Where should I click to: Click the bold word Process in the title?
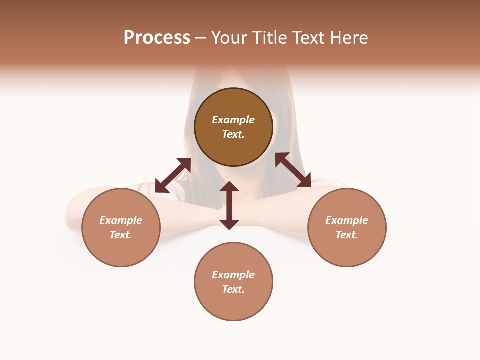pyautogui.click(x=157, y=38)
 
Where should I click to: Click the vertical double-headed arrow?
pyautogui.click(x=229, y=205)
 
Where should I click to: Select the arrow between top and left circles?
pyautogui.click(x=173, y=175)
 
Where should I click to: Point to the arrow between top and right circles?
pyautogui.click(x=293, y=170)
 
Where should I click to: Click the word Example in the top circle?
pyautogui.click(x=233, y=120)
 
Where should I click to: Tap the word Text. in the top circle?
pyautogui.click(x=233, y=134)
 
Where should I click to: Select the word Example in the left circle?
pyautogui.click(x=121, y=220)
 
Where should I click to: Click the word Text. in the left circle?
pyautogui.click(x=121, y=235)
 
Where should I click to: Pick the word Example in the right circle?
pyautogui.click(x=347, y=220)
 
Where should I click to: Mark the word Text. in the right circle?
pyautogui.click(x=347, y=235)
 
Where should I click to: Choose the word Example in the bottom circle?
pyautogui.click(x=233, y=275)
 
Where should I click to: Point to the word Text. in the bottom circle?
pyautogui.click(x=233, y=289)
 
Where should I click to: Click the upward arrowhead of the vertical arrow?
pyautogui.click(x=229, y=186)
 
